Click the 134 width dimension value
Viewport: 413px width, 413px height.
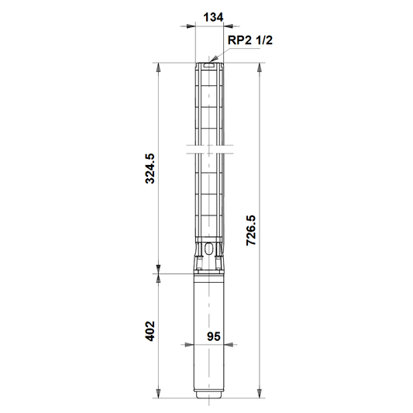point(213,17)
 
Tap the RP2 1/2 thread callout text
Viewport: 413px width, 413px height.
point(250,40)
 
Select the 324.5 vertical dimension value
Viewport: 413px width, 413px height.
point(150,169)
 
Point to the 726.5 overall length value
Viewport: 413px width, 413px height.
point(251,230)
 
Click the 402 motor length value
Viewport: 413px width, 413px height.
point(150,331)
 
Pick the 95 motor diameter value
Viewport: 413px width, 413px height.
point(213,336)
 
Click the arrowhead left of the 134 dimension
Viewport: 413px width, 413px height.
point(191,26)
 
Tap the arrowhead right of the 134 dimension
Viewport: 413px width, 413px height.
point(228,26)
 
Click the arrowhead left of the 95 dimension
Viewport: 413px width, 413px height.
point(190,345)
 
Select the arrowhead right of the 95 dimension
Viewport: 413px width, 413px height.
point(229,345)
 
